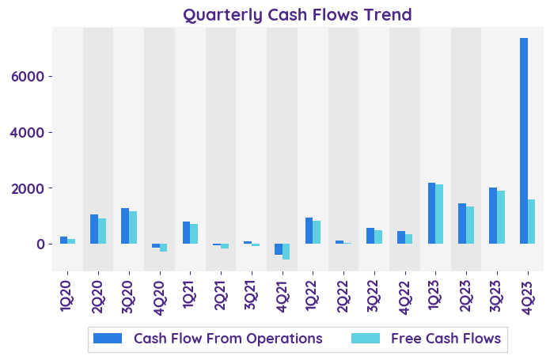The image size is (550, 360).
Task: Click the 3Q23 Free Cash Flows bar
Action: coord(501,217)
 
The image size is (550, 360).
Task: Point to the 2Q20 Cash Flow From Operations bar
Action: coord(94,229)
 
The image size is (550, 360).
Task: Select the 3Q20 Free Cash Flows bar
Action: coord(133,227)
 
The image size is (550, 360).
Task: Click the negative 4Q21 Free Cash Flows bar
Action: coord(286,252)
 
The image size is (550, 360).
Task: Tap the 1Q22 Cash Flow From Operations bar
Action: coord(309,230)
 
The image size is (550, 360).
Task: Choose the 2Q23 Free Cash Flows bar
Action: coord(470,225)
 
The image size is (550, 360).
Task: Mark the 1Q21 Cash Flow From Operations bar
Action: coord(186,233)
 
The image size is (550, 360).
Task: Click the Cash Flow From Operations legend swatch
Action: coord(108,339)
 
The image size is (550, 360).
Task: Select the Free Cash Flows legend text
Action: coord(446,339)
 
